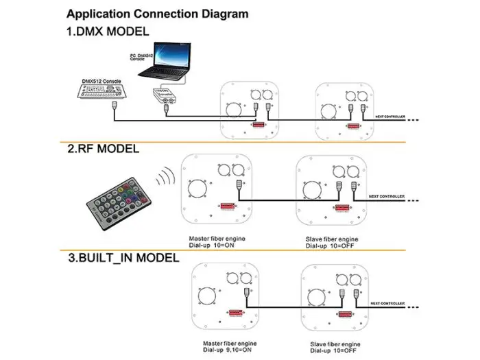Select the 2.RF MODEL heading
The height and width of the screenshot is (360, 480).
point(103,148)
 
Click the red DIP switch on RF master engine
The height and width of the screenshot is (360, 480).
point(230,205)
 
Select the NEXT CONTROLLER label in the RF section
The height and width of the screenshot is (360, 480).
point(388,196)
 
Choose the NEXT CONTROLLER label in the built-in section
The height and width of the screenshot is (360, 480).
point(388,302)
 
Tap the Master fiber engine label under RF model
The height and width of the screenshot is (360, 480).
point(214,239)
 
